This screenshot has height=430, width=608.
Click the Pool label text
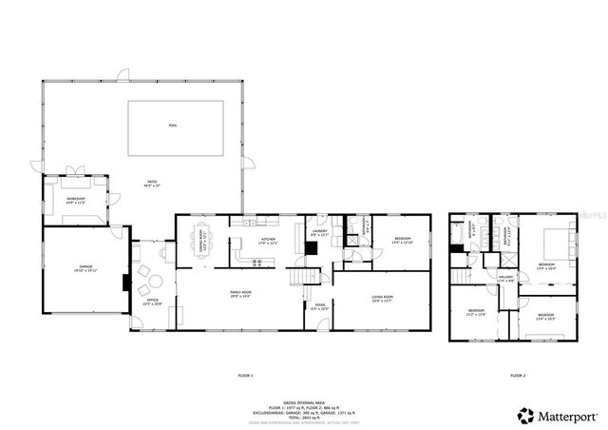tap(172, 126)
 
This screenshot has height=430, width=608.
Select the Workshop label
tap(75, 199)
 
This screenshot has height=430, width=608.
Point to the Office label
tap(152, 302)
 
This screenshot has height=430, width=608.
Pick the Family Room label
tap(240, 294)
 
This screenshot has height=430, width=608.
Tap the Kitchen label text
tap(268, 241)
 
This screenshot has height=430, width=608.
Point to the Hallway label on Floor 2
tap(505, 279)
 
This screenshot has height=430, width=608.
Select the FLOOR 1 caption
tap(245, 377)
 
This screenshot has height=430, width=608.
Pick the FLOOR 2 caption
tap(517, 377)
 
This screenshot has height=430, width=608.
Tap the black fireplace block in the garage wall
tap(123, 283)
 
